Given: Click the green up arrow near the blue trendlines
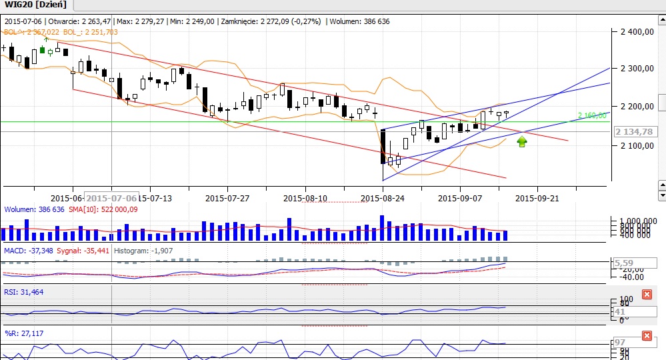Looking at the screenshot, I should [522, 141].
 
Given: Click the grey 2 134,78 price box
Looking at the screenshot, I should [634, 131].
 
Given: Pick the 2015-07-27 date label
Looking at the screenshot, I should [227, 198].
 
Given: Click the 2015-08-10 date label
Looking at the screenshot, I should [305, 198].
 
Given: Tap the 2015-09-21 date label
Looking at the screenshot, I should [539, 198].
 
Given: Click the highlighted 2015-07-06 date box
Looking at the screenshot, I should [112, 198].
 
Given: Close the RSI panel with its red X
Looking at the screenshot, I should [647, 295].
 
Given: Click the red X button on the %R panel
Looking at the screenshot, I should [647, 335].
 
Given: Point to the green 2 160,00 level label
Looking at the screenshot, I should [592, 115].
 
